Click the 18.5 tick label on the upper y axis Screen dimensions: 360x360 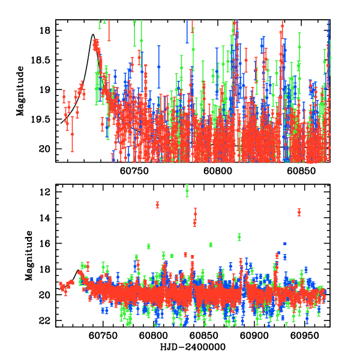(x=45, y=60)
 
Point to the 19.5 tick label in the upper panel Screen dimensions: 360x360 (x=45, y=119)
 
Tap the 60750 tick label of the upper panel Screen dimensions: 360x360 (x=133, y=170)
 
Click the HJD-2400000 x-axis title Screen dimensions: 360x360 (x=193, y=347)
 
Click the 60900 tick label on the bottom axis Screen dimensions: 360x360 (x=252, y=336)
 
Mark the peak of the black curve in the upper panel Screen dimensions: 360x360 (x=93, y=35)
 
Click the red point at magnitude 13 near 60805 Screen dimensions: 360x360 (x=157, y=205)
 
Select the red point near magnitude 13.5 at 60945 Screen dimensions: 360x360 (x=299, y=212)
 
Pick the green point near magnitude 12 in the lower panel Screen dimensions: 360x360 (x=187, y=191)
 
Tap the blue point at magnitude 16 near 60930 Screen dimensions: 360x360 (x=284, y=244)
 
